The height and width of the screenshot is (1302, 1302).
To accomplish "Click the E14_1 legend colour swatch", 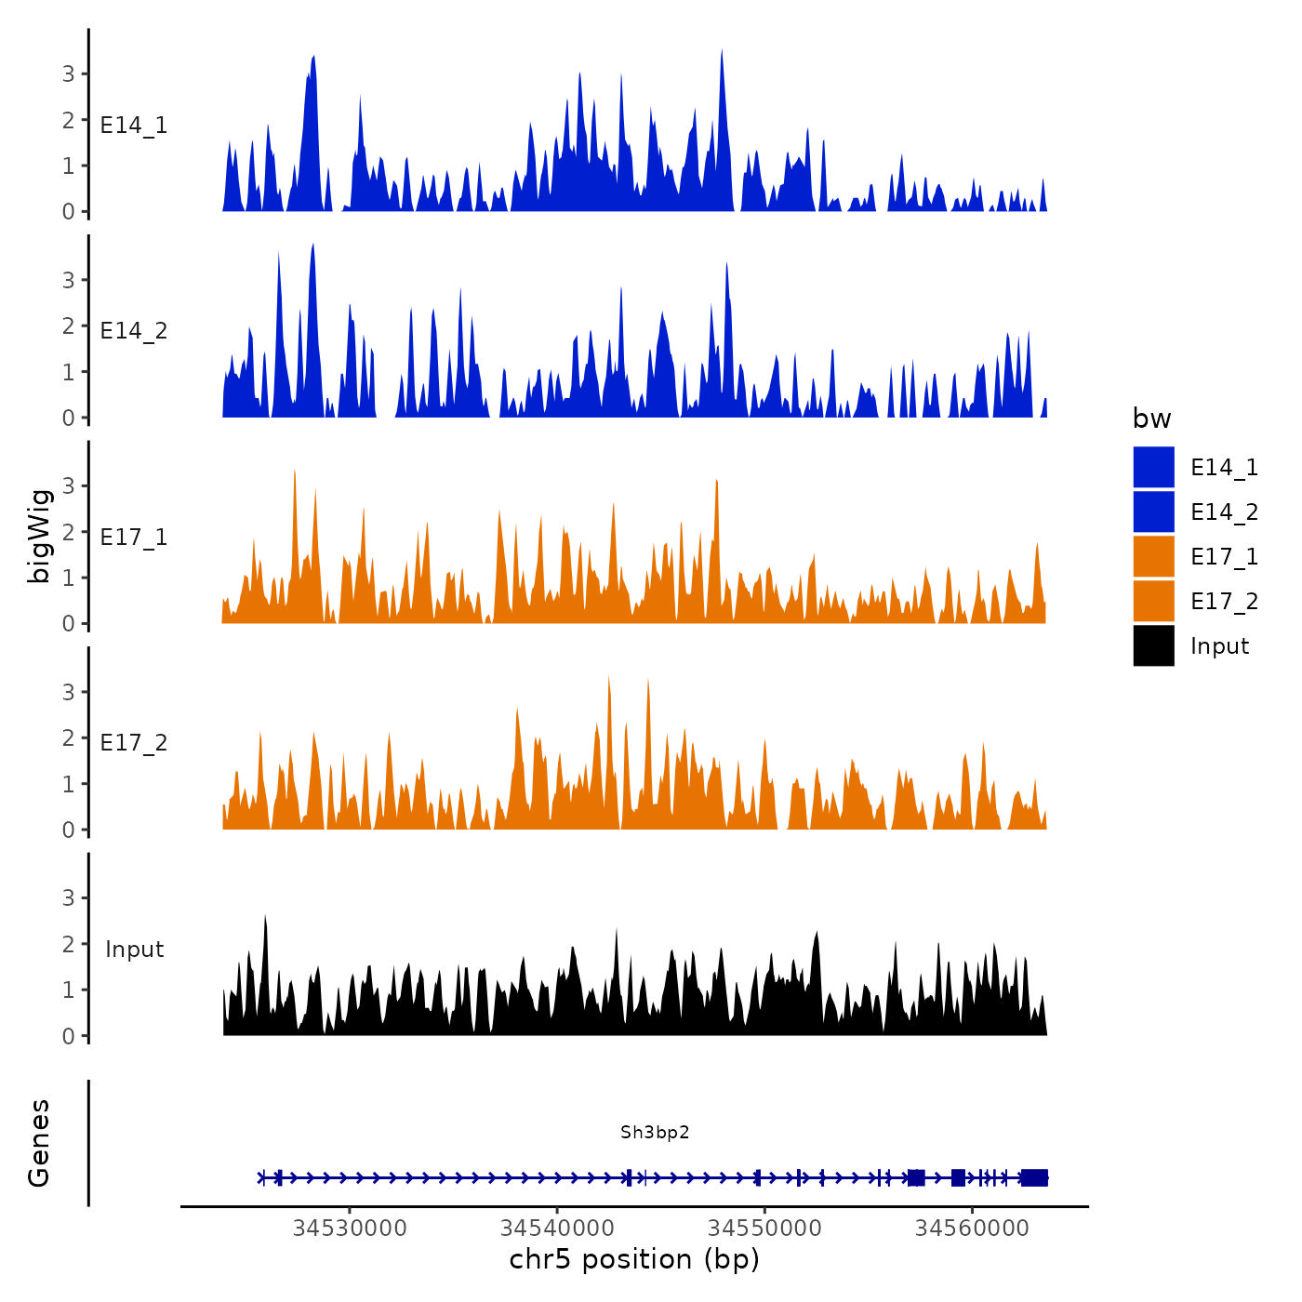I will (x=1153, y=467).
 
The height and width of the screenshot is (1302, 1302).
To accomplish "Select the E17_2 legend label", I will (x=1224, y=602).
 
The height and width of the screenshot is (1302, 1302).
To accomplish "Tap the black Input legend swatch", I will (x=1153, y=645).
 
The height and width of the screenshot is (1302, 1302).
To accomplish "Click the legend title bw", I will (x=1151, y=419).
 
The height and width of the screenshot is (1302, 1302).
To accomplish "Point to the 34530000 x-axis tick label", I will (x=350, y=1229).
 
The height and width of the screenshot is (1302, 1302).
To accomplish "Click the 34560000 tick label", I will (x=972, y=1229).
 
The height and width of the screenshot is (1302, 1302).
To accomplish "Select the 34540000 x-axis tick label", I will (x=557, y=1229).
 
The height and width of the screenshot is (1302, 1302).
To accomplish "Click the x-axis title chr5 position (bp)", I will (x=634, y=1260).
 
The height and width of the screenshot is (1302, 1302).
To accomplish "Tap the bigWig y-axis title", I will (x=40, y=536).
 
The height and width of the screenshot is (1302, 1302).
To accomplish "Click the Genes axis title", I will (x=39, y=1143).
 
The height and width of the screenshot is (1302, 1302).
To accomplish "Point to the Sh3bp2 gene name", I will (x=655, y=1133).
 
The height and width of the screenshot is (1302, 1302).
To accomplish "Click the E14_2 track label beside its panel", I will (x=134, y=331).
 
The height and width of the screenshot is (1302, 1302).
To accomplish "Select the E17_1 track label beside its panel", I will (x=134, y=538).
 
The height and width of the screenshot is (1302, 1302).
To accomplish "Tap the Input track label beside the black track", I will (x=134, y=950).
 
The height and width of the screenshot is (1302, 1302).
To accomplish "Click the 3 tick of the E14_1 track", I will (x=68, y=74).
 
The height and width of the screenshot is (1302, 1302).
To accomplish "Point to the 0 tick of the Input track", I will (x=68, y=1036).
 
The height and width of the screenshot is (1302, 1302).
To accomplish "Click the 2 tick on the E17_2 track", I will (x=68, y=738).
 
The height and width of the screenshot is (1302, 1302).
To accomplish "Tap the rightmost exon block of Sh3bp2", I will (x=1034, y=1178).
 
